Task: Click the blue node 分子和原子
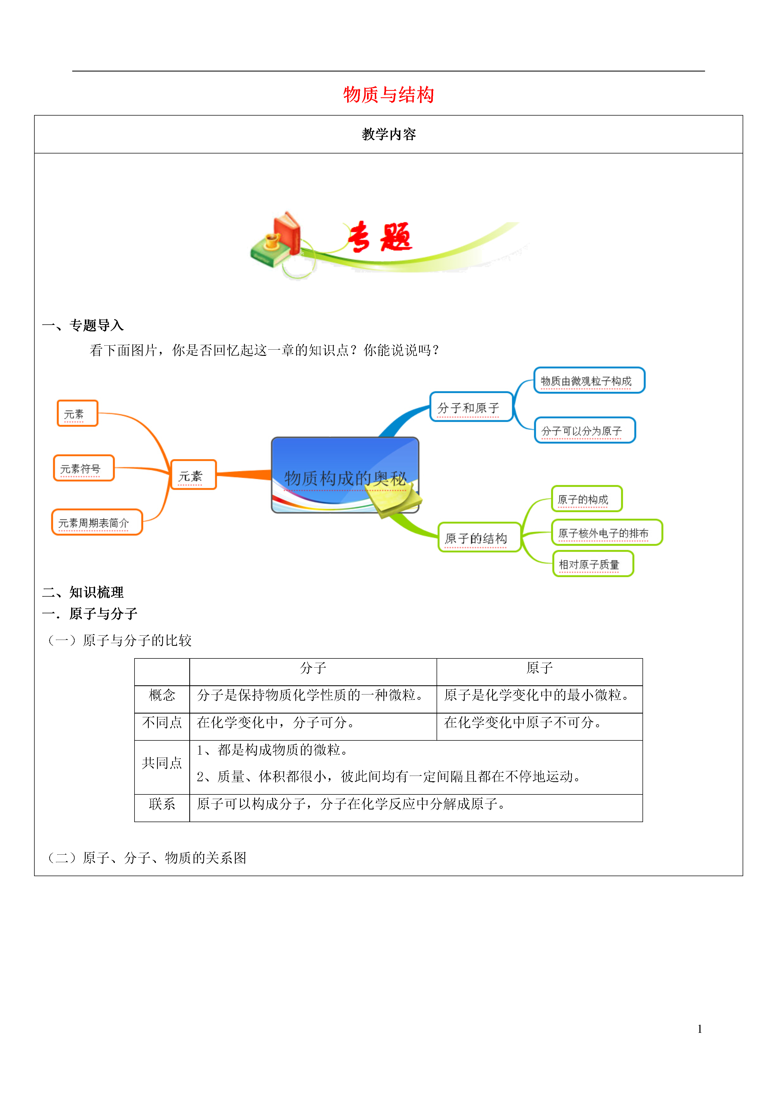pyautogui.click(x=471, y=407)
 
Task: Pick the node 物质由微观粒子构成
pyautogui.click(x=589, y=380)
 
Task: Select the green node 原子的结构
pyautogui.click(x=479, y=537)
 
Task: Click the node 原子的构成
pyautogui.click(x=587, y=499)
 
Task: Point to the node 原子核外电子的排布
pyautogui.click(x=607, y=532)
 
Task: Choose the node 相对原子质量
pyautogui.click(x=593, y=564)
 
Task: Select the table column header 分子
pyautogui.click(x=313, y=668)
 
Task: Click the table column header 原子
pyautogui.click(x=540, y=668)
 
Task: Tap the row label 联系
pyautogui.click(x=162, y=804)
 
